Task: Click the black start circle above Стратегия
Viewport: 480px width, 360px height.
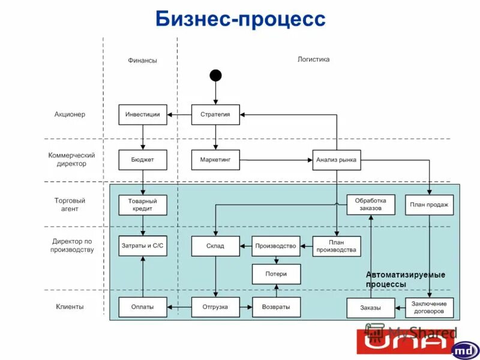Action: [215, 75]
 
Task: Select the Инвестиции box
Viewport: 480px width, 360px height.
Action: [143, 115]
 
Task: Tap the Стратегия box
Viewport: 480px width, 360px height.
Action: [215, 115]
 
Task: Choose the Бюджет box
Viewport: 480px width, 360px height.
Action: [143, 160]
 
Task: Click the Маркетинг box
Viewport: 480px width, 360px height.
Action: [215, 160]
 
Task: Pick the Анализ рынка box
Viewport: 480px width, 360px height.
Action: [336, 160]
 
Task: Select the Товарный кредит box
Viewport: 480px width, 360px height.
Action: [143, 205]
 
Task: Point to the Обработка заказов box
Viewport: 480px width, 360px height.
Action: [371, 205]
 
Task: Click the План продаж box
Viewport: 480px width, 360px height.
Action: [429, 205]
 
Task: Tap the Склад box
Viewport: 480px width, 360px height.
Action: [215, 246]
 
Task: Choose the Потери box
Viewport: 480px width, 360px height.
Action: [276, 274]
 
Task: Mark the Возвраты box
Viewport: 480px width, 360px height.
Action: [276, 307]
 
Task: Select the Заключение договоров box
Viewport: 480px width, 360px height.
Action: [429, 307]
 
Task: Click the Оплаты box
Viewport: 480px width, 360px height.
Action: [143, 307]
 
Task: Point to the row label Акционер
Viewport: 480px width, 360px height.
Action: [70, 115]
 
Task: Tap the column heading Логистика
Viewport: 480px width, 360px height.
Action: [313, 59]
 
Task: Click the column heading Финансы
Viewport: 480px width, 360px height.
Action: [142, 60]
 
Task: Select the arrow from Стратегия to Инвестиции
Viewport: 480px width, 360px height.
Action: [179, 115]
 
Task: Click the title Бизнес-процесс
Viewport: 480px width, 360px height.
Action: [240, 19]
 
